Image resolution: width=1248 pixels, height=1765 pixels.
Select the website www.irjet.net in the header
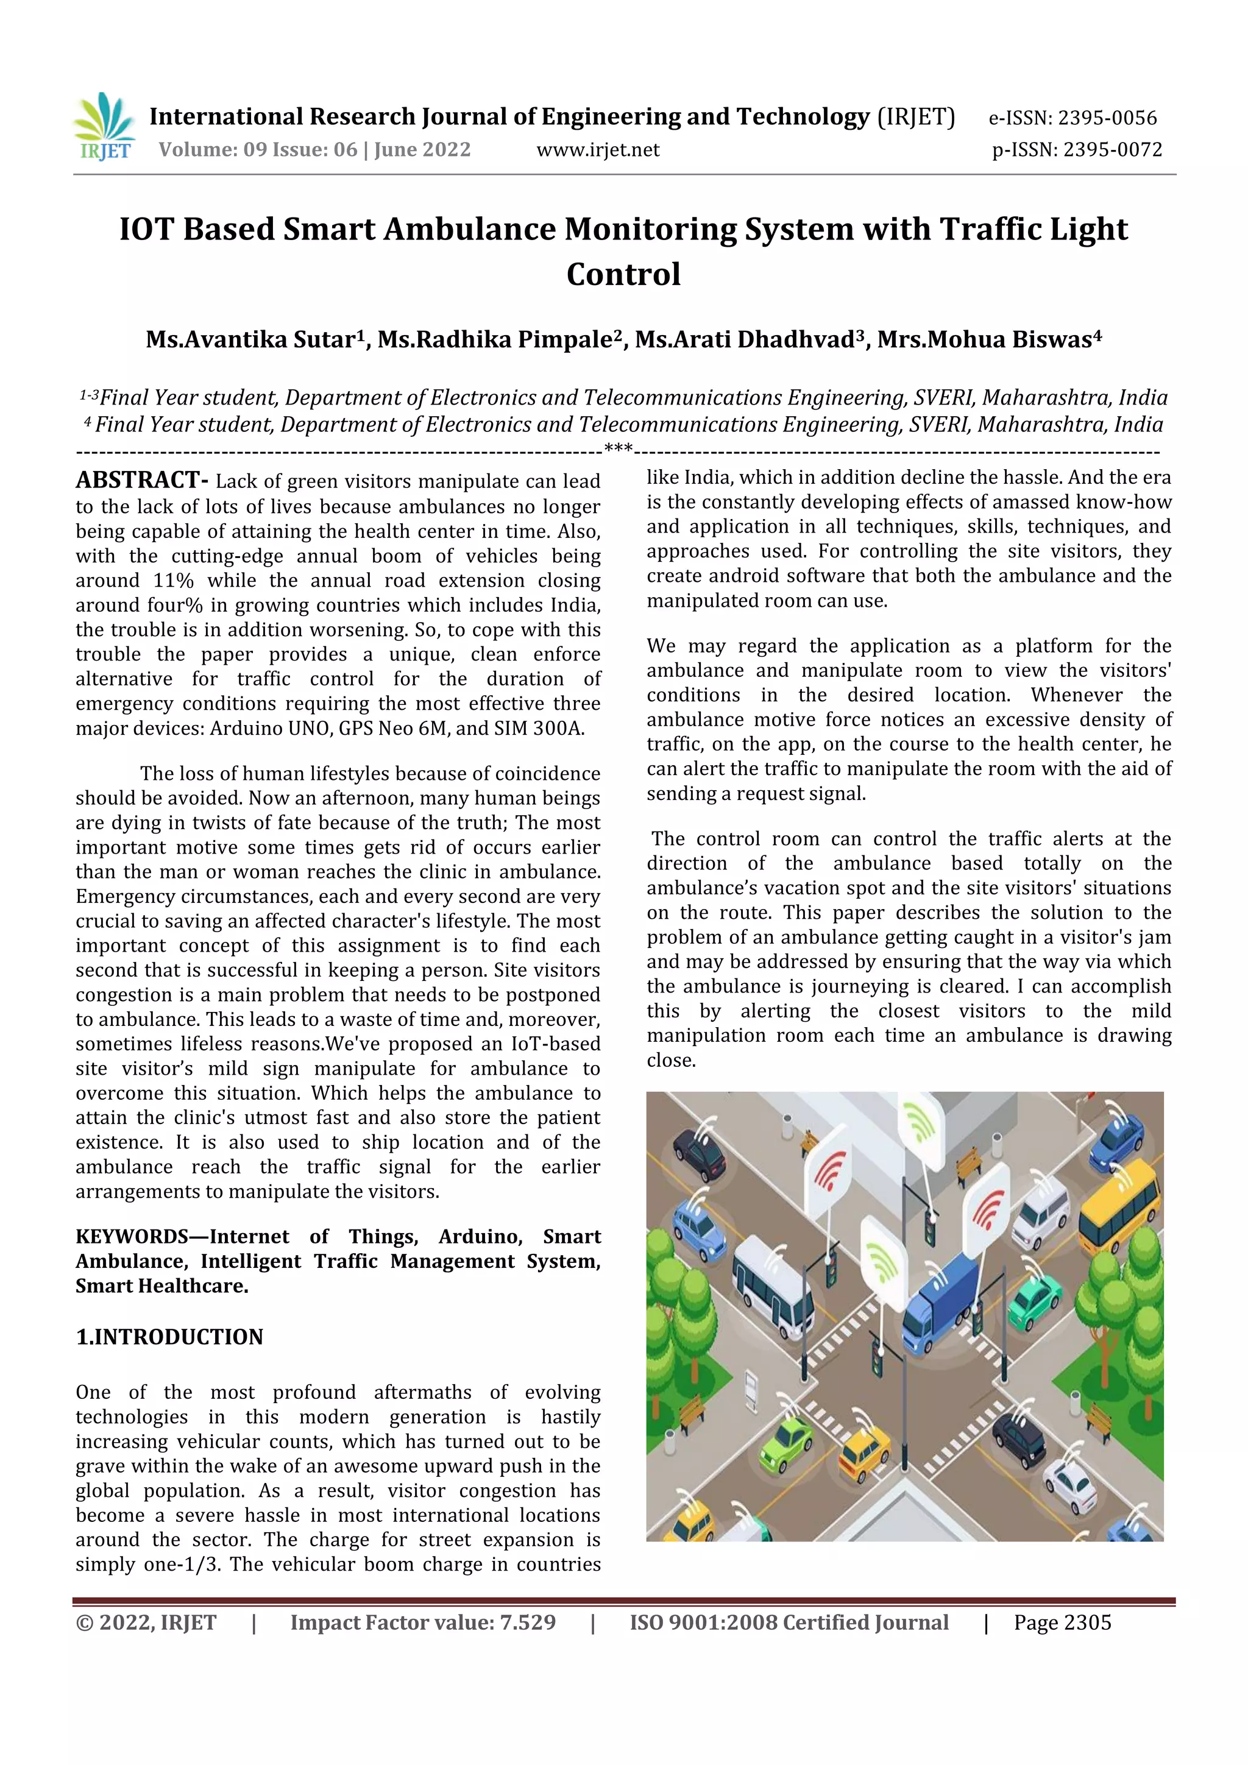597,150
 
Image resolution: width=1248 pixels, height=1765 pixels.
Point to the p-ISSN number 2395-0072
1112,150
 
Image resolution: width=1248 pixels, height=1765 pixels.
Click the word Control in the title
623,274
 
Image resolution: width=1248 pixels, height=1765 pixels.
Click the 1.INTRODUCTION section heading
169,1337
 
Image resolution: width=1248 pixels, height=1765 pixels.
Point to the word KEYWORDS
132,1236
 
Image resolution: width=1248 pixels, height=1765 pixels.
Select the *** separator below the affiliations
619,449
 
